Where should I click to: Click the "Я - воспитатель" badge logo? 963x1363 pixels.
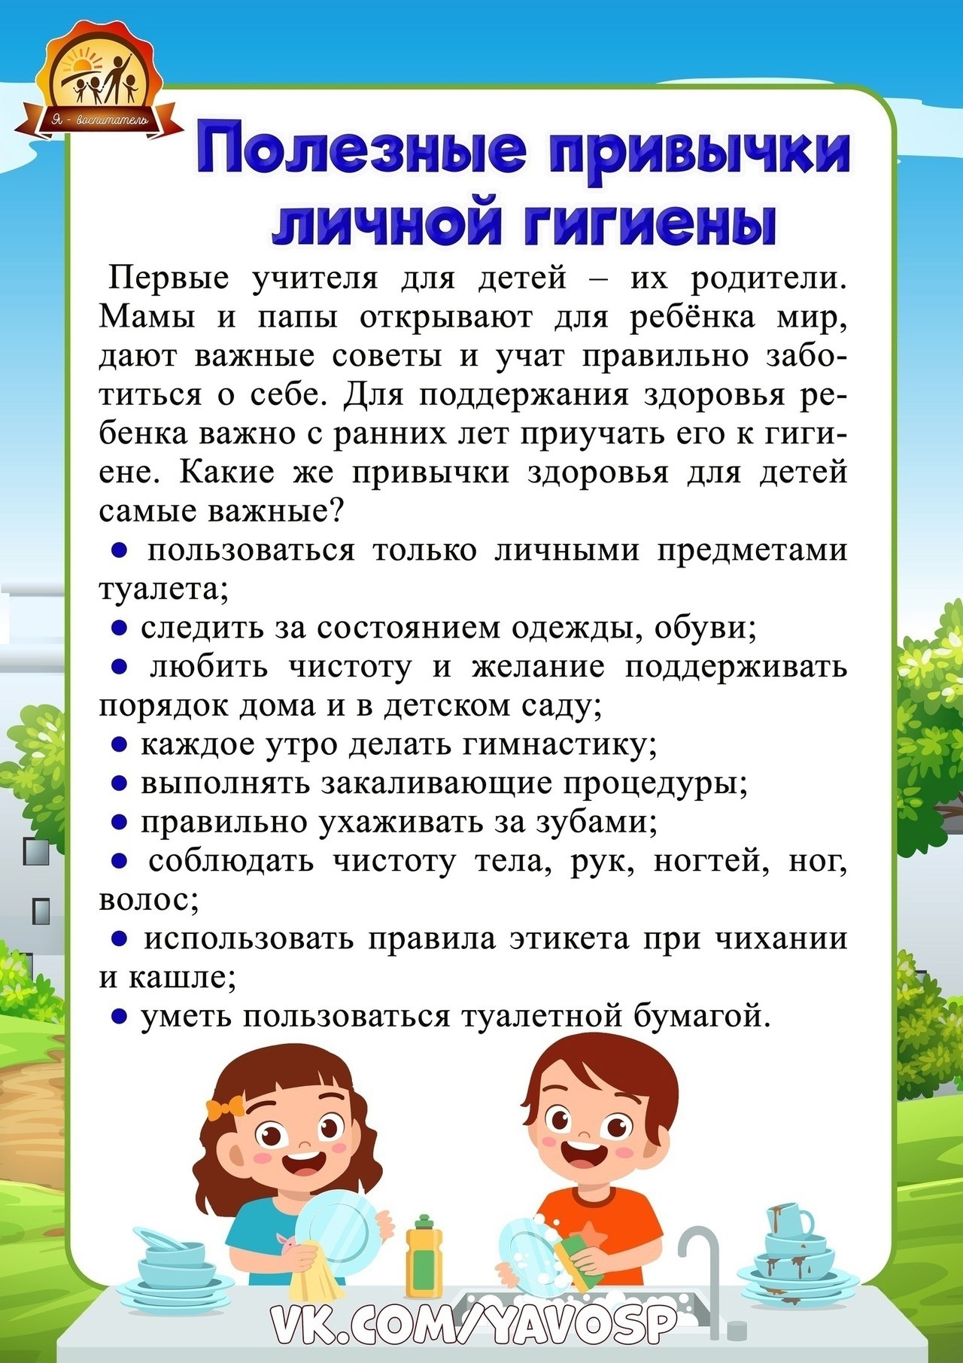coord(99,83)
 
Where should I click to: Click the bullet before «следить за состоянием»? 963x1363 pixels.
coord(118,628)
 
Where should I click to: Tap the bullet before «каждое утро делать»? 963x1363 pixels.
coord(118,745)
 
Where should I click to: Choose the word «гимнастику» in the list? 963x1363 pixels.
coord(557,744)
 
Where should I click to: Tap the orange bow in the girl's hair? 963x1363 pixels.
coord(225,1109)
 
